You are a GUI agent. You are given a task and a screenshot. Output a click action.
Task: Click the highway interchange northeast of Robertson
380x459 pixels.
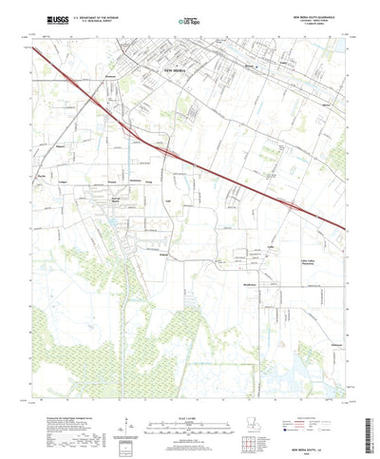click(x=166, y=150)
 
